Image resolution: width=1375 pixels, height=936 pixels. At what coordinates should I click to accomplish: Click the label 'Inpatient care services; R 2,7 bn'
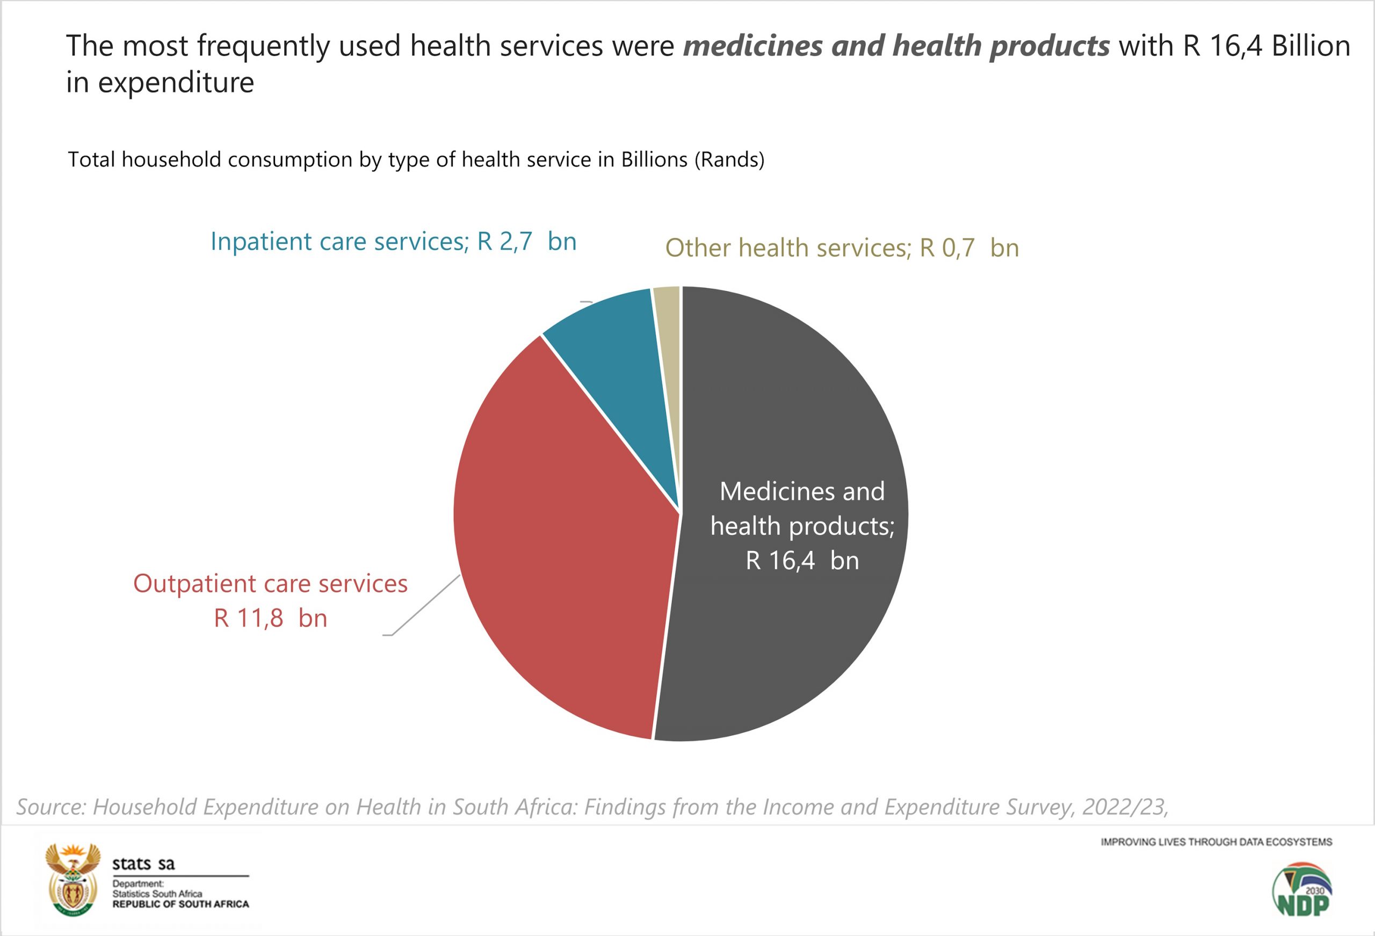tap(394, 242)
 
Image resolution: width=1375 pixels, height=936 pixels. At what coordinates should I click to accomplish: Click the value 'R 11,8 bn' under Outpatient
tap(270, 618)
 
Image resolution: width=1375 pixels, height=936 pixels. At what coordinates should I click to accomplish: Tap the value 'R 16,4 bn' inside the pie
tap(802, 560)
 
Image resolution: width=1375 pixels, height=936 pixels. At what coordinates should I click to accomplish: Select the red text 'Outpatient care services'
tap(270, 583)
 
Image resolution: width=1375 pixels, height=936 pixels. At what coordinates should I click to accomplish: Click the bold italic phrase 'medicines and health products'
tap(896, 46)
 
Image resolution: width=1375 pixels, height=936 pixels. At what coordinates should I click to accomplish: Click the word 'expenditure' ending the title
tap(176, 82)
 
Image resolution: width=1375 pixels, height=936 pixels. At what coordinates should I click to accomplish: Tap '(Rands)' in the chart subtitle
tap(729, 159)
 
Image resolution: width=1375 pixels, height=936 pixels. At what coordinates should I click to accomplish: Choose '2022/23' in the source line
tap(1124, 807)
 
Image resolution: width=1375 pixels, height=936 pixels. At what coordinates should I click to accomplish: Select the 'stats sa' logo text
tap(144, 864)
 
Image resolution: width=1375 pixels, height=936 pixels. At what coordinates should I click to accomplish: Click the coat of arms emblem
tap(73, 880)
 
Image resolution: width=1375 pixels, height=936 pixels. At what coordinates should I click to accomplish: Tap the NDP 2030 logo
tap(1301, 889)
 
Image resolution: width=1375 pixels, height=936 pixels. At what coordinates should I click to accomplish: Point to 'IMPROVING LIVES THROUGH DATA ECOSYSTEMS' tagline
tap(1217, 842)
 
